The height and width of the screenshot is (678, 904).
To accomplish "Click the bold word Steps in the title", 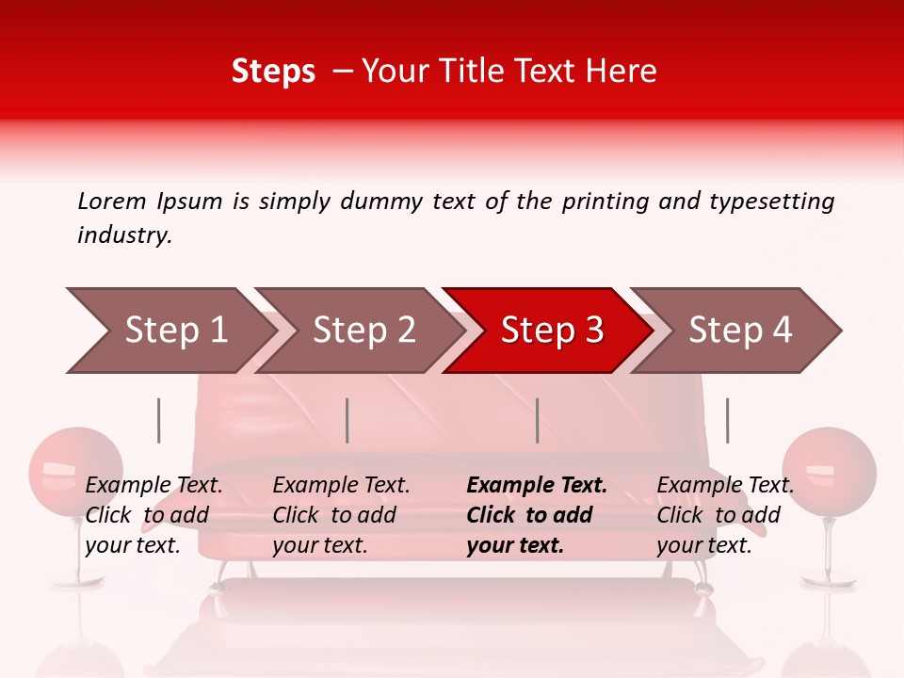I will point(273,72).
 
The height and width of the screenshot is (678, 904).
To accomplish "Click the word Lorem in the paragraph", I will point(111,202).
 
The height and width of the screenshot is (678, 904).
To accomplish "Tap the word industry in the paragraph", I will point(123,235).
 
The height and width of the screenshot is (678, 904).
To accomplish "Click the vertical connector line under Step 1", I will point(159,420).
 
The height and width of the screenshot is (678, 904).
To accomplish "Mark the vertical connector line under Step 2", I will point(347,420).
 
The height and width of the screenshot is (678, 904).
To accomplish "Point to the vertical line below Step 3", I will point(537,420).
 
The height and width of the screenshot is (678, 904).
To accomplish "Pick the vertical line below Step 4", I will point(727,420).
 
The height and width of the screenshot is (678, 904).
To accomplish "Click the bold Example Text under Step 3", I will point(537,486).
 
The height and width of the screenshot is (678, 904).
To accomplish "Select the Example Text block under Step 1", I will point(153,515).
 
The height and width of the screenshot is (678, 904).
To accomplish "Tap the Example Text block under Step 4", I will point(724,515).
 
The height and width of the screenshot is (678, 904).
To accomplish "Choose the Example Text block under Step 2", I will point(341,515).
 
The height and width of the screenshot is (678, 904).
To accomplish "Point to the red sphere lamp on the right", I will point(830,471).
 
